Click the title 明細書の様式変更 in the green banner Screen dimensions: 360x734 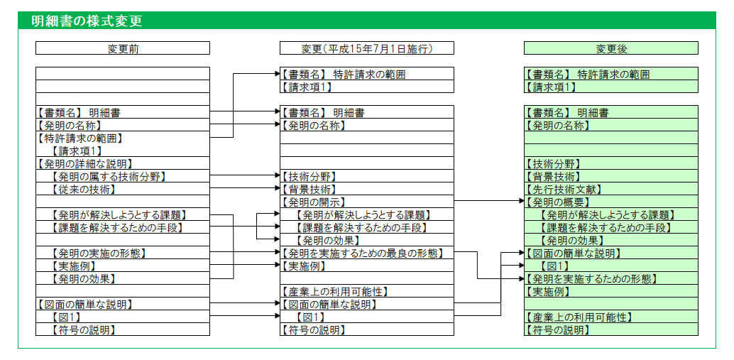[x=87, y=21]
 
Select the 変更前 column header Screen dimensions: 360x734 [x=123, y=48]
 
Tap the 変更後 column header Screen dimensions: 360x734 [x=610, y=48]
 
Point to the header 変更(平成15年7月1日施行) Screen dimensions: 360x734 [x=366, y=48]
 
